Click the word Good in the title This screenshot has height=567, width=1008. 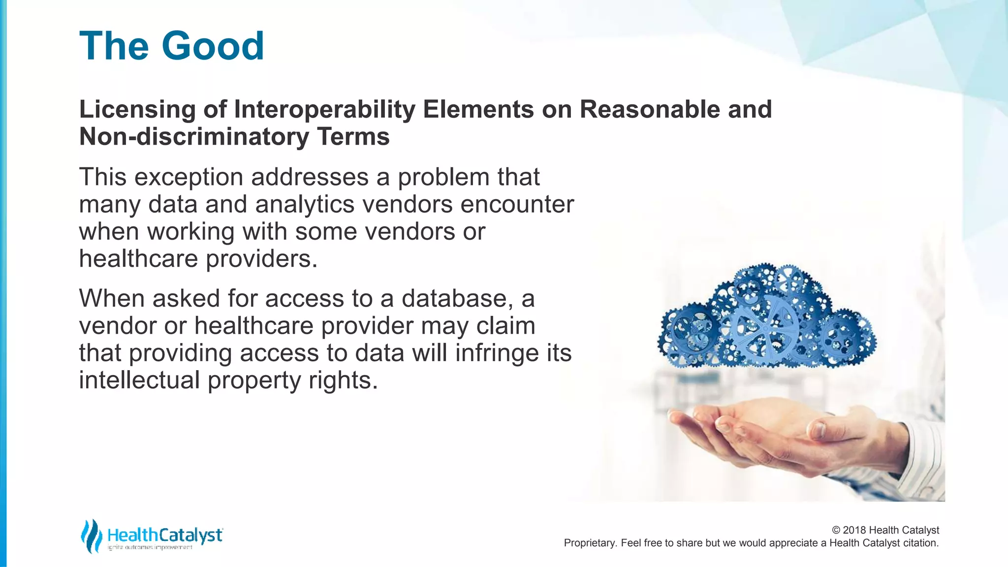213,46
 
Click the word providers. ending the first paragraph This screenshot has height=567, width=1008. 261,259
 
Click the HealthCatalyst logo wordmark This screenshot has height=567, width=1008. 164,535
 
